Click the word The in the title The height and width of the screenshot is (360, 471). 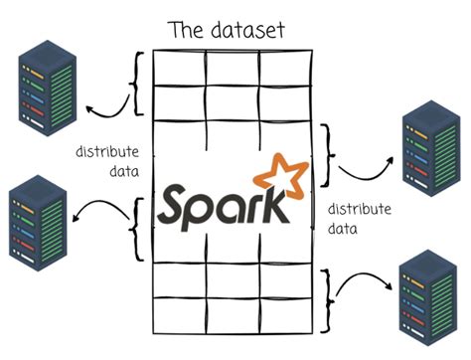click(x=186, y=29)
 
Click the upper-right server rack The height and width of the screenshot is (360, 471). click(x=426, y=139)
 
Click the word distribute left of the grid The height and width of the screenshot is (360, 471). click(x=107, y=153)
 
